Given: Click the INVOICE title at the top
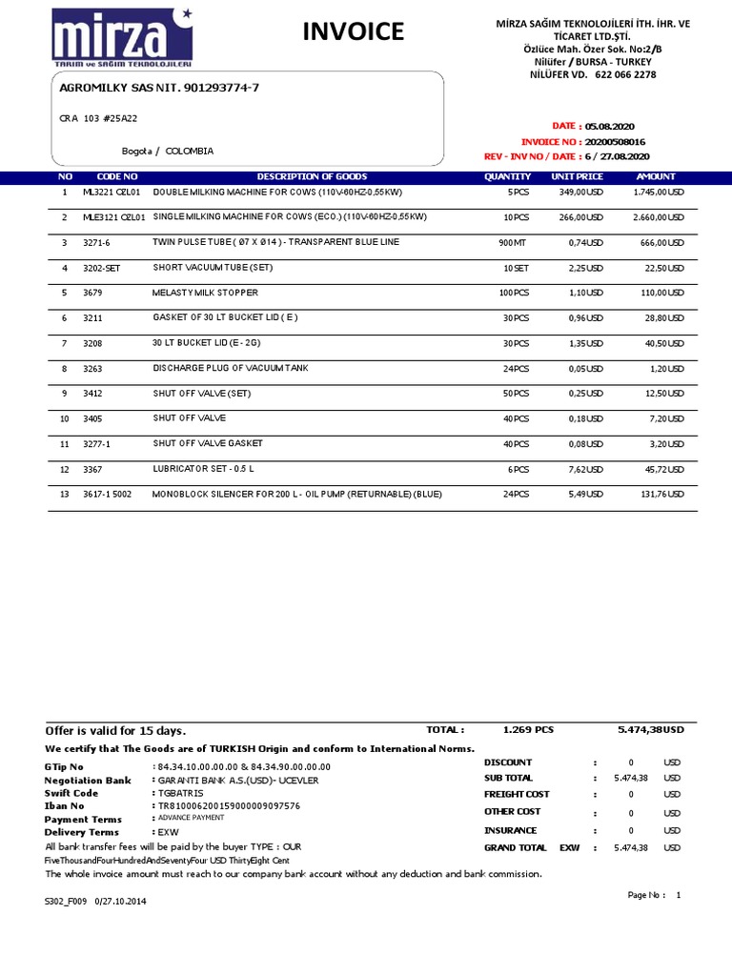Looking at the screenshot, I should coord(353,32).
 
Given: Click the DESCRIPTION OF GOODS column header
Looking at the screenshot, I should coord(312,176).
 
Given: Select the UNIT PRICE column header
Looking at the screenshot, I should coord(577,176).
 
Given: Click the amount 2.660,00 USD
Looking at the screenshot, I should coord(659,217).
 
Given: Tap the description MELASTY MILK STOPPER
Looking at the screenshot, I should coord(205,293).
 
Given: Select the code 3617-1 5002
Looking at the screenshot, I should coord(108,494).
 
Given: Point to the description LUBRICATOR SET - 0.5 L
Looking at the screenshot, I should coord(207,469).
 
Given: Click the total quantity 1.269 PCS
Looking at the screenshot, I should coord(528,730).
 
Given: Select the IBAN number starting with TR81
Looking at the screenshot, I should coord(228,805).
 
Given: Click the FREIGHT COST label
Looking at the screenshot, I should coord(517,794).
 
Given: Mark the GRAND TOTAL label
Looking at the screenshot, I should coord(516,847).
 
